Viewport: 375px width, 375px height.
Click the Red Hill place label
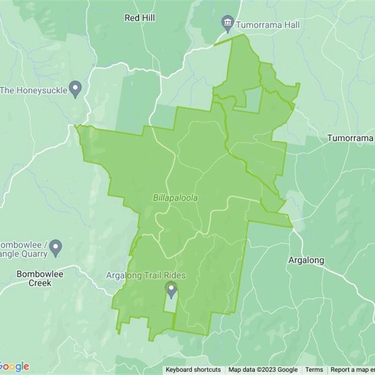pyautogui.click(x=140, y=18)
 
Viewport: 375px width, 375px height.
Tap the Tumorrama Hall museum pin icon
pyautogui.click(x=228, y=22)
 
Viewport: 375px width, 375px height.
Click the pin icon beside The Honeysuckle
pyautogui.click(x=75, y=88)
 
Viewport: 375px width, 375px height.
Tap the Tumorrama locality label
pyautogui.click(x=350, y=138)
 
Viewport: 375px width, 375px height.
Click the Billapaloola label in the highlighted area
pyautogui.click(x=175, y=198)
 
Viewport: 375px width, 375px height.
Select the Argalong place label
pyautogui.click(x=306, y=261)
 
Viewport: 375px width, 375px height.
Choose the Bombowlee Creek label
pyautogui.click(x=40, y=278)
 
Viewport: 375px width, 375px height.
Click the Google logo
pyautogui.click(x=14, y=367)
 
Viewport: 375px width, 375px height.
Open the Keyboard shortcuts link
pyautogui.click(x=193, y=370)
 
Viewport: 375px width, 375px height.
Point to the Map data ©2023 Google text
pyautogui.click(x=263, y=370)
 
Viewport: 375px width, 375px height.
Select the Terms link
pyautogui.click(x=314, y=370)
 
